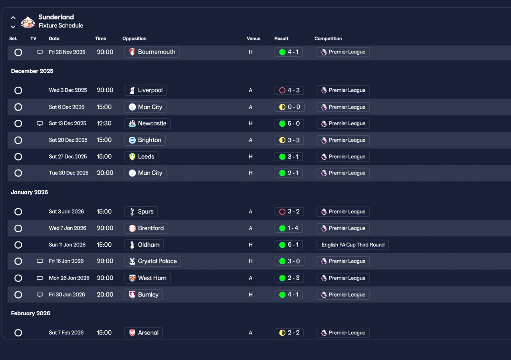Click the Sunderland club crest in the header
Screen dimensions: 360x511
tap(28, 22)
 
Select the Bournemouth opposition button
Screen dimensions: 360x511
tap(152, 52)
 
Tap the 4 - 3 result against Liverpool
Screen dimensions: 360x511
tap(289, 90)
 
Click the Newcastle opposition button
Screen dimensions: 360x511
tap(147, 124)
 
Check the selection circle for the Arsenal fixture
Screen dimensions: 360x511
tap(18, 333)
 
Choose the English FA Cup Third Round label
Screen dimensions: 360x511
tap(353, 245)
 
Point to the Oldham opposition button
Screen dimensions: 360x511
tap(144, 245)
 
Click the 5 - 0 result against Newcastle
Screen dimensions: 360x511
tap(289, 124)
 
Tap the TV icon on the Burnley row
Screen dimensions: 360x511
tap(40, 295)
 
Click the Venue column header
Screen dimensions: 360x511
tap(254, 39)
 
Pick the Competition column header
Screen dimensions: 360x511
tap(328, 39)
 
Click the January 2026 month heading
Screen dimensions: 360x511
tap(30, 192)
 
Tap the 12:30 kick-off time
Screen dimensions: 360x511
tap(104, 124)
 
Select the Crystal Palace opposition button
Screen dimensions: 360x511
tap(153, 261)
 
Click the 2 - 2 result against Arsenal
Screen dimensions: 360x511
tap(289, 333)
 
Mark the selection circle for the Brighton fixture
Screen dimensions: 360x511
tap(18, 140)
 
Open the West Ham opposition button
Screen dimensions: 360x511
tap(148, 278)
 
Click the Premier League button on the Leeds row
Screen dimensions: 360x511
tap(343, 157)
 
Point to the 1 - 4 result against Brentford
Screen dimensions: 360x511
tap(289, 228)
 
